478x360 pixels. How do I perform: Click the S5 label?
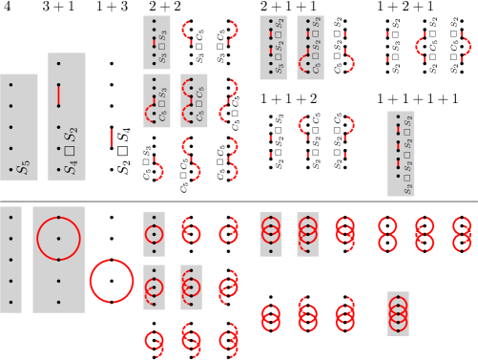coord(24,168)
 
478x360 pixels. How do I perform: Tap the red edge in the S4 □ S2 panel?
coord(58,95)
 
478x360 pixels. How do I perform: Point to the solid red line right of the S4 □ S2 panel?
coord(112,138)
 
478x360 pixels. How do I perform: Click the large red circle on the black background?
coord(112,281)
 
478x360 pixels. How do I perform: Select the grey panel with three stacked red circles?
coord(397,313)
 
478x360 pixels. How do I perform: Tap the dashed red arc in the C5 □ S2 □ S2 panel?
coord(303,64)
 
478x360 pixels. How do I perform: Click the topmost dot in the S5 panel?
coord(10,85)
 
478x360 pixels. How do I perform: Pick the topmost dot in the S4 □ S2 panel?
coord(58,64)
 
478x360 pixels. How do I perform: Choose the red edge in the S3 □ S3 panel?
coord(153,42)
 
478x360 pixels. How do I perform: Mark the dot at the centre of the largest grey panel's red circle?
coord(58,239)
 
